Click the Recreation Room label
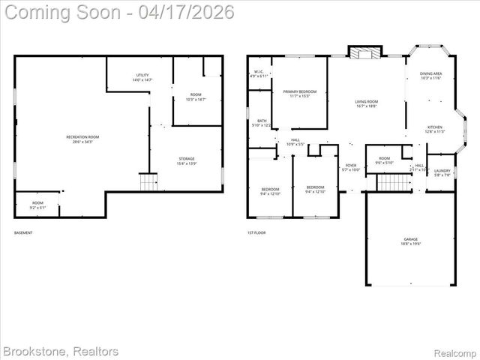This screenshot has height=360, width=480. (82, 139)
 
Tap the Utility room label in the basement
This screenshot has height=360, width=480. (142, 77)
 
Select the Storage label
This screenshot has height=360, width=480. (187, 160)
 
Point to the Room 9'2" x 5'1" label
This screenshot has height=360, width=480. (37, 205)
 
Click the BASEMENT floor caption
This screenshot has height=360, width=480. (23, 233)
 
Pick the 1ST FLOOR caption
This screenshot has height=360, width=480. (256, 233)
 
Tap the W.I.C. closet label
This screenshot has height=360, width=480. (258, 74)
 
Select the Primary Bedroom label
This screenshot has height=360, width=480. (299, 94)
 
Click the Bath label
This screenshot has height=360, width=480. (262, 123)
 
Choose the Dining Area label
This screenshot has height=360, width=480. (430, 76)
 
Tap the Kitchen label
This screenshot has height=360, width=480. (435, 129)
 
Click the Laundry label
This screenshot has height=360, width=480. (442, 172)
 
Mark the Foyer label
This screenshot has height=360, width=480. (351, 167)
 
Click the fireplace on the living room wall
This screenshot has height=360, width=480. (365, 52)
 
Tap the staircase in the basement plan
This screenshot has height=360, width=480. (148, 182)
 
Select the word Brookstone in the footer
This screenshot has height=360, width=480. (34, 350)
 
